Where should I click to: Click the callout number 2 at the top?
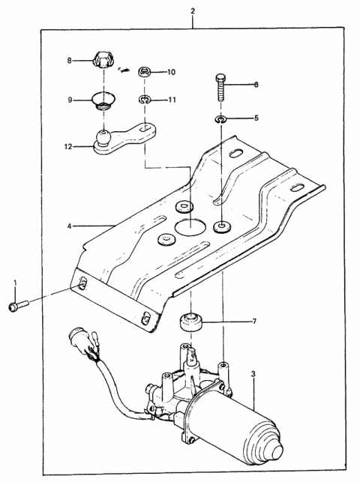click(193, 11)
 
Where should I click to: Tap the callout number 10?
click(171, 73)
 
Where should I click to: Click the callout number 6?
click(256, 85)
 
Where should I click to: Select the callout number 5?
click(256, 118)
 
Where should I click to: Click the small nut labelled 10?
click(146, 73)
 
